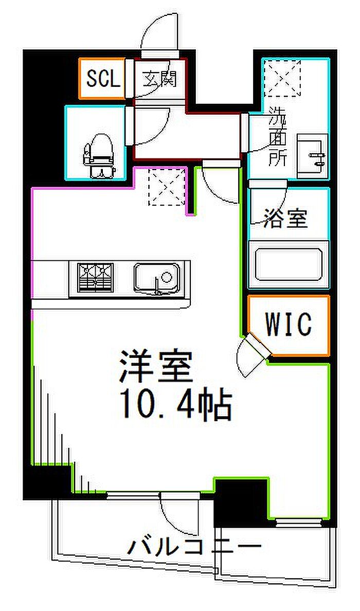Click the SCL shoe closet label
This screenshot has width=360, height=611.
click(x=102, y=79)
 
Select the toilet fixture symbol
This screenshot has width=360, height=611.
click(x=99, y=155)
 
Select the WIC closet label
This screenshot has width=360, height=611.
click(x=288, y=324)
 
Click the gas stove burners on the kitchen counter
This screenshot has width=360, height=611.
click(x=95, y=278)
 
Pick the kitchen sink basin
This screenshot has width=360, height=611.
click(x=157, y=278)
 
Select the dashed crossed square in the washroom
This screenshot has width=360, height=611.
click(x=281, y=78)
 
